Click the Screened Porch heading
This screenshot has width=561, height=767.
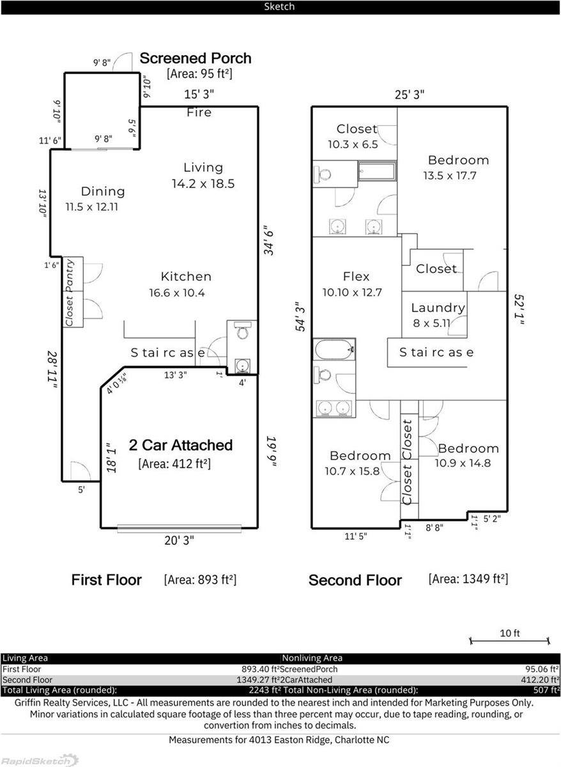tap(196, 58)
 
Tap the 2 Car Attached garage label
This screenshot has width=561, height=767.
tap(180, 445)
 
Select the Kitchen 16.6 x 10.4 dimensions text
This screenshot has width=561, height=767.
tap(178, 293)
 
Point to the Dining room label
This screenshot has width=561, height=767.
tap(103, 191)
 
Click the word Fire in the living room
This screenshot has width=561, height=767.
tap(199, 112)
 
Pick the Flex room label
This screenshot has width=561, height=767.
tap(356, 277)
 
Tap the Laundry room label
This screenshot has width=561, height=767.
tap(438, 308)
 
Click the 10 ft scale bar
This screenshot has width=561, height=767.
tap(509, 640)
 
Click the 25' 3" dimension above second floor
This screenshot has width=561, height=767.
tap(410, 95)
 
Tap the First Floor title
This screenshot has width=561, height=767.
tap(106, 580)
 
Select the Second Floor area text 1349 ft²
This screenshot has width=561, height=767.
tap(468, 579)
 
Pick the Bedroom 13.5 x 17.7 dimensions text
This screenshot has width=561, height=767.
tap(449, 176)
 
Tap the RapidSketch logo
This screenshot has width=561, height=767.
tap(40, 760)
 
